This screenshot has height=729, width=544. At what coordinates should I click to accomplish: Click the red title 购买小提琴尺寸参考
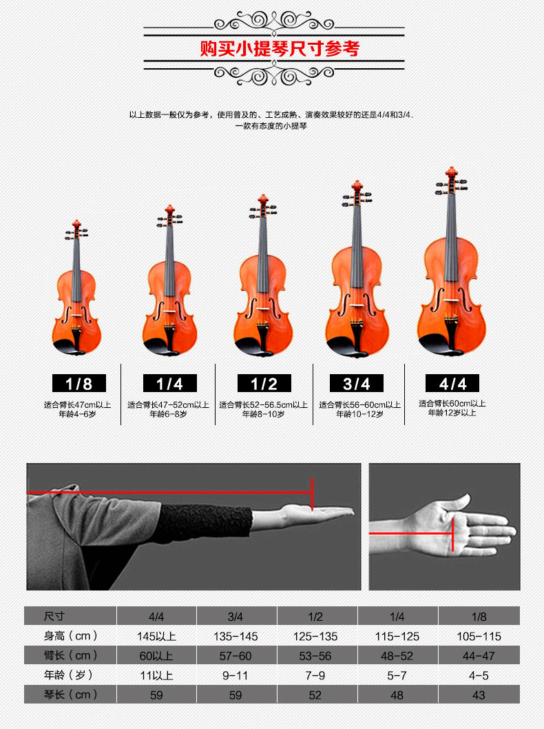(280, 48)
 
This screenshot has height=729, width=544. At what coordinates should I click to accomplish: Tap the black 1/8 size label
(79, 383)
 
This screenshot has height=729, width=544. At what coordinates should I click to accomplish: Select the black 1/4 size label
(169, 383)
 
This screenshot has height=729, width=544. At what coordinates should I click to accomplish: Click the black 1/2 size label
(264, 383)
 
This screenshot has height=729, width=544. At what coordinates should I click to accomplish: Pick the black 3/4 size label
(357, 383)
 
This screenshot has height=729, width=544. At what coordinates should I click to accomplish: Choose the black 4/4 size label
(452, 383)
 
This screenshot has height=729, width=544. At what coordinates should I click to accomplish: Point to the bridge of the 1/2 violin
(263, 309)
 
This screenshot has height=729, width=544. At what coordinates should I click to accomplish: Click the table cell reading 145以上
(156, 636)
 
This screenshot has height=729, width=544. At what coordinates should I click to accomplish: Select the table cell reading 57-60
(236, 655)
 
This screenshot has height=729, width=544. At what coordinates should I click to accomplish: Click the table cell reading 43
(479, 695)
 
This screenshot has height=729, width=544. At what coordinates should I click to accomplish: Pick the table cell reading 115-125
(397, 636)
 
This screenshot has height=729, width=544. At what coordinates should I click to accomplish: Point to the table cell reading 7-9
(315, 675)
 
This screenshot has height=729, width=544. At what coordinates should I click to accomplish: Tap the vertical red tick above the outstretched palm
(312, 494)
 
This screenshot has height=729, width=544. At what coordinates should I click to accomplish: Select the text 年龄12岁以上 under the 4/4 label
(452, 413)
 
